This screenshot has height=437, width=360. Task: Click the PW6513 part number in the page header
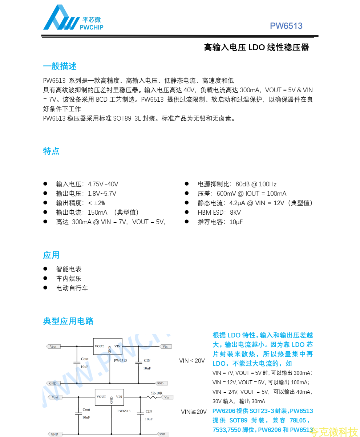[x=286, y=26]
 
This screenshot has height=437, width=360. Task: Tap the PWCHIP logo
[x=73, y=18]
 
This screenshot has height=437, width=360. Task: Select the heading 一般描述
[x=60, y=66]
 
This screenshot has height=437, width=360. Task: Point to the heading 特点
[x=51, y=151]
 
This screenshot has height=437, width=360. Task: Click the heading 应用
[x=51, y=255]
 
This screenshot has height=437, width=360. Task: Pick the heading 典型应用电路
[x=68, y=321]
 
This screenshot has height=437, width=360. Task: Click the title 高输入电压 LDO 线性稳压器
[x=256, y=48]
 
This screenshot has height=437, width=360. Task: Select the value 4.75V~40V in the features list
[x=103, y=184]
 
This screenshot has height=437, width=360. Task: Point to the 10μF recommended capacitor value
[x=236, y=222]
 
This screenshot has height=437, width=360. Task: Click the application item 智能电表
[x=69, y=269]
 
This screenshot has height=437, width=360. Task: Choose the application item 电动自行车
[x=72, y=288]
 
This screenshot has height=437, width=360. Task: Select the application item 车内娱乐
[x=69, y=279]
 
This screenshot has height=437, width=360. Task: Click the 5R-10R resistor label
[x=157, y=393]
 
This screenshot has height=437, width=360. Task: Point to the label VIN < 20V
[x=192, y=361]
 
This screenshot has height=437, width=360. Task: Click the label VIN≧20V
[x=194, y=412]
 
